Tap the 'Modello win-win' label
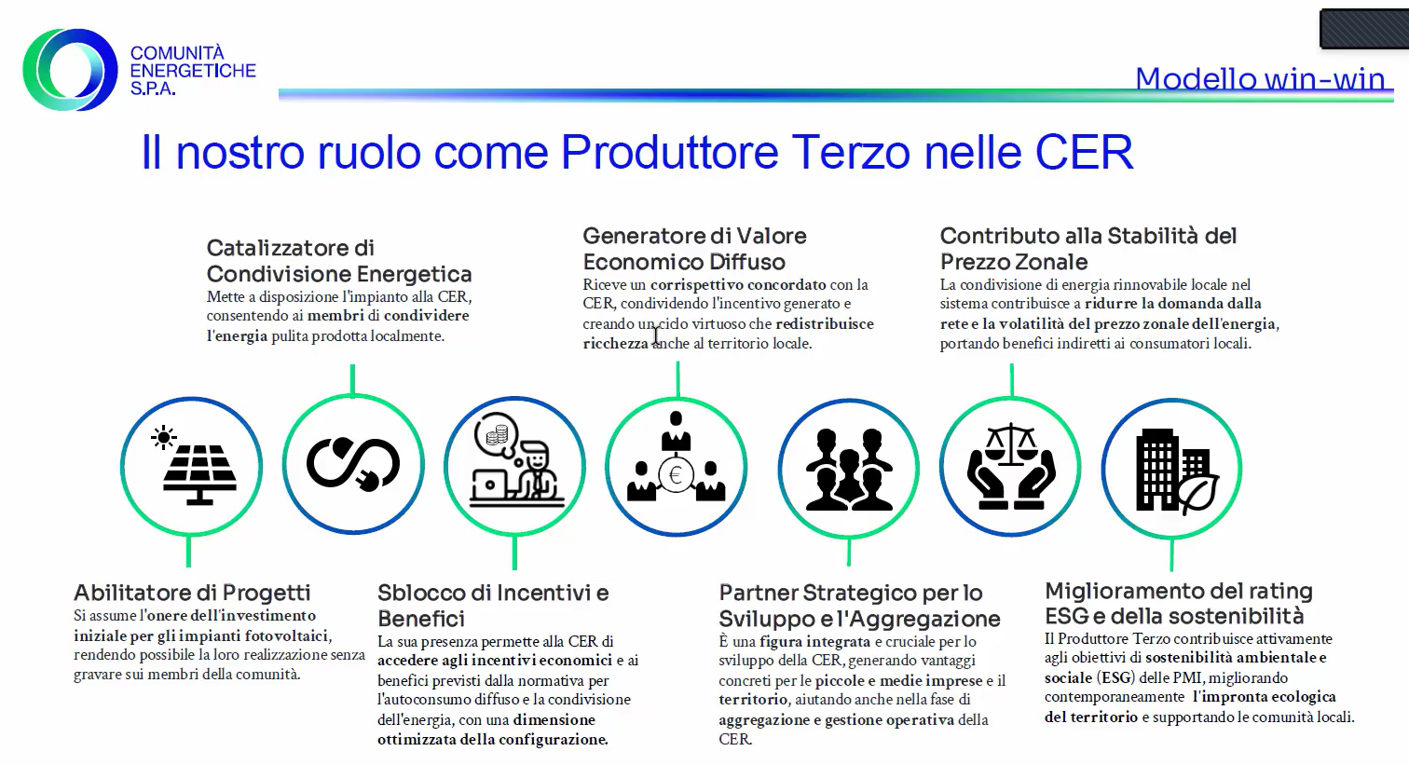pyautogui.click(x=1260, y=79)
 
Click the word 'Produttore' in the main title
pyautogui.click(x=669, y=152)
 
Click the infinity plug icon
pyautogui.click(x=353, y=464)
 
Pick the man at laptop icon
pyautogui.click(x=516, y=460)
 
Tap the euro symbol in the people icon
pyautogui.click(x=677, y=475)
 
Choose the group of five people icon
pyautogui.click(x=849, y=469)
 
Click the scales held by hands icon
pyautogui.click(x=1011, y=466)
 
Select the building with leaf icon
pyautogui.click(x=1176, y=471)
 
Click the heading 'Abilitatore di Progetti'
pyautogui.click(x=193, y=593)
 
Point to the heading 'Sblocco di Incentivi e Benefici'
pyautogui.click(x=493, y=606)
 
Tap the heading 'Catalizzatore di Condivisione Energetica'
pyautogui.click(x=339, y=261)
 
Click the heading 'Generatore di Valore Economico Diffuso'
pyautogui.click(x=694, y=249)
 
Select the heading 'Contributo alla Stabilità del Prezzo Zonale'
pyautogui.click(x=1088, y=249)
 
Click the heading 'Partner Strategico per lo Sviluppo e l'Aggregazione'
pyautogui.click(x=859, y=606)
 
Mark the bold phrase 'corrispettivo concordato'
pyautogui.click(x=738, y=284)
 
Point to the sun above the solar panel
pyautogui.click(x=164, y=437)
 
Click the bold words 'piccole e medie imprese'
pyautogui.click(x=898, y=680)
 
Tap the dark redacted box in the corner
pyautogui.click(x=1364, y=28)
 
